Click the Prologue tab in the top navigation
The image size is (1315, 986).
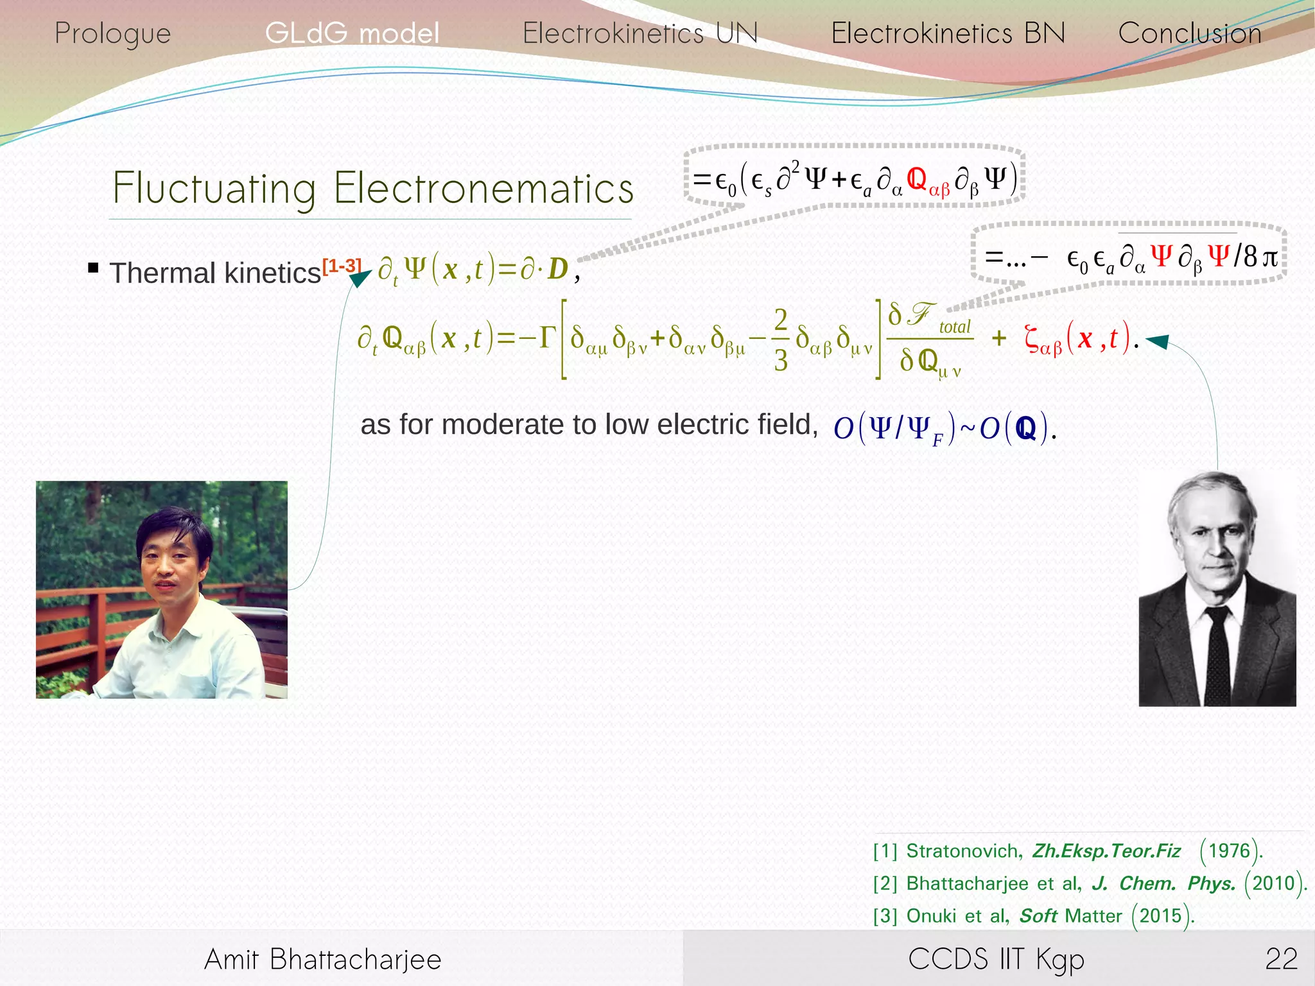pyautogui.click(x=112, y=33)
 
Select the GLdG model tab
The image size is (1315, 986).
pyautogui.click(x=352, y=33)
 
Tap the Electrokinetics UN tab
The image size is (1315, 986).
pyautogui.click(x=640, y=33)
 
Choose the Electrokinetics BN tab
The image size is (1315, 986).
pyautogui.click(x=948, y=33)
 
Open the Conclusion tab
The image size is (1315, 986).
pyautogui.click(x=1190, y=33)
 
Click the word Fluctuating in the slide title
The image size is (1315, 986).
pyautogui.click(x=214, y=188)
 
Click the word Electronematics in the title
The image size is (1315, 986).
pyautogui.click(x=483, y=188)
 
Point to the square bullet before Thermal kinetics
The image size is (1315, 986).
pyautogui.click(x=93, y=268)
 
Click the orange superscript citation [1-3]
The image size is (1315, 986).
pyautogui.click(x=342, y=264)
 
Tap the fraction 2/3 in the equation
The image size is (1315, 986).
pyautogui.click(x=780, y=340)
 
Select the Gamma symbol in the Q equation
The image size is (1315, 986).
pyautogui.click(x=546, y=336)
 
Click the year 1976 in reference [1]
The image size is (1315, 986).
pyautogui.click(x=1229, y=851)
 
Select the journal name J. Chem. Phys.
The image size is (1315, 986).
pyautogui.click(x=1163, y=883)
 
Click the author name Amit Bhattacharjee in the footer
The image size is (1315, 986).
pyautogui.click(x=322, y=959)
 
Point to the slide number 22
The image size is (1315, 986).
pyautogui.click(x=1281, y=959)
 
